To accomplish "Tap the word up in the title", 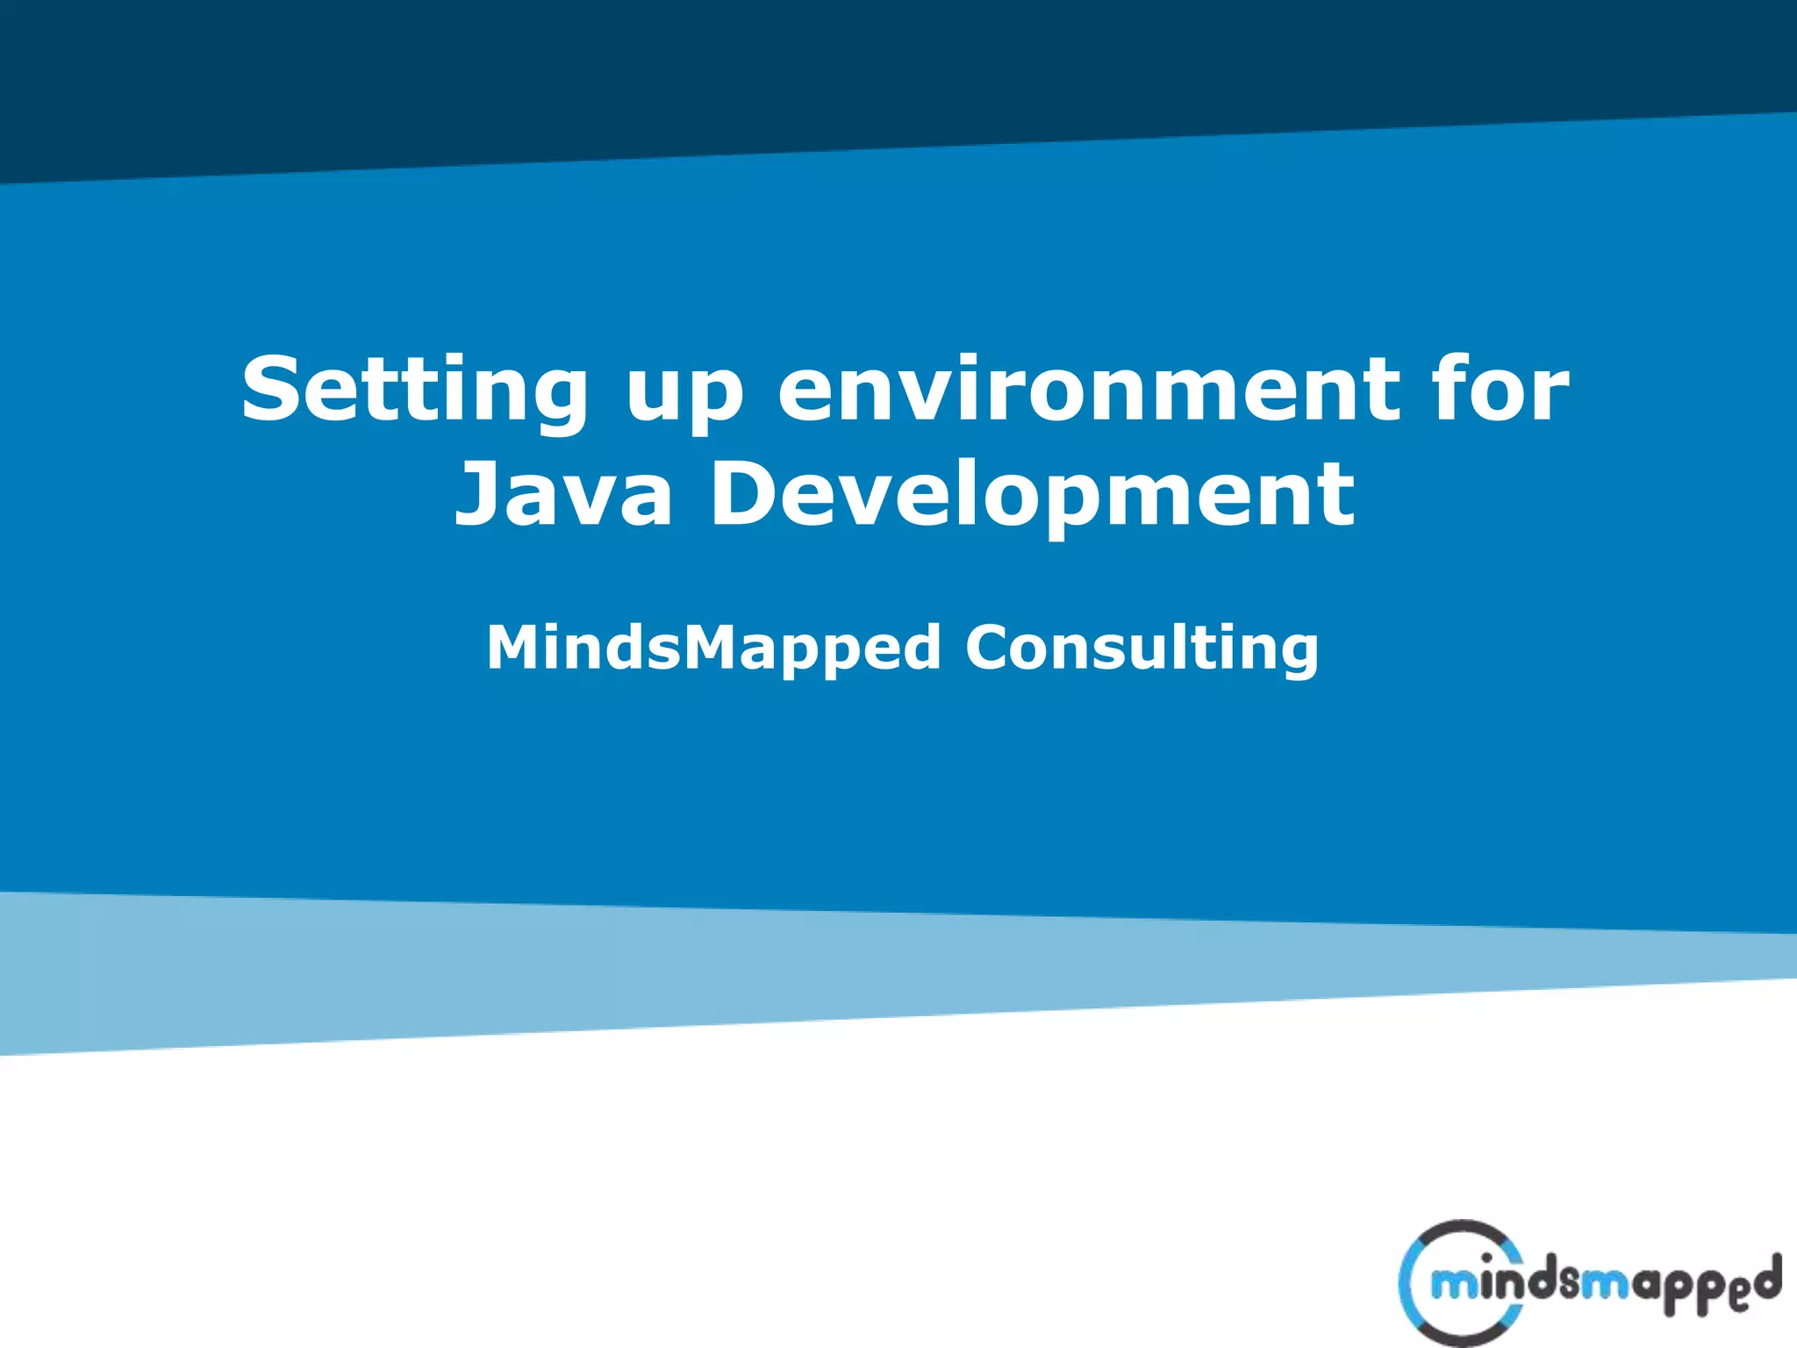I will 684,395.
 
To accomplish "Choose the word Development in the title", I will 1032,496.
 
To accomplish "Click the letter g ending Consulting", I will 1297,654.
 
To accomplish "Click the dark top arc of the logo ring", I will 1464,1229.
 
